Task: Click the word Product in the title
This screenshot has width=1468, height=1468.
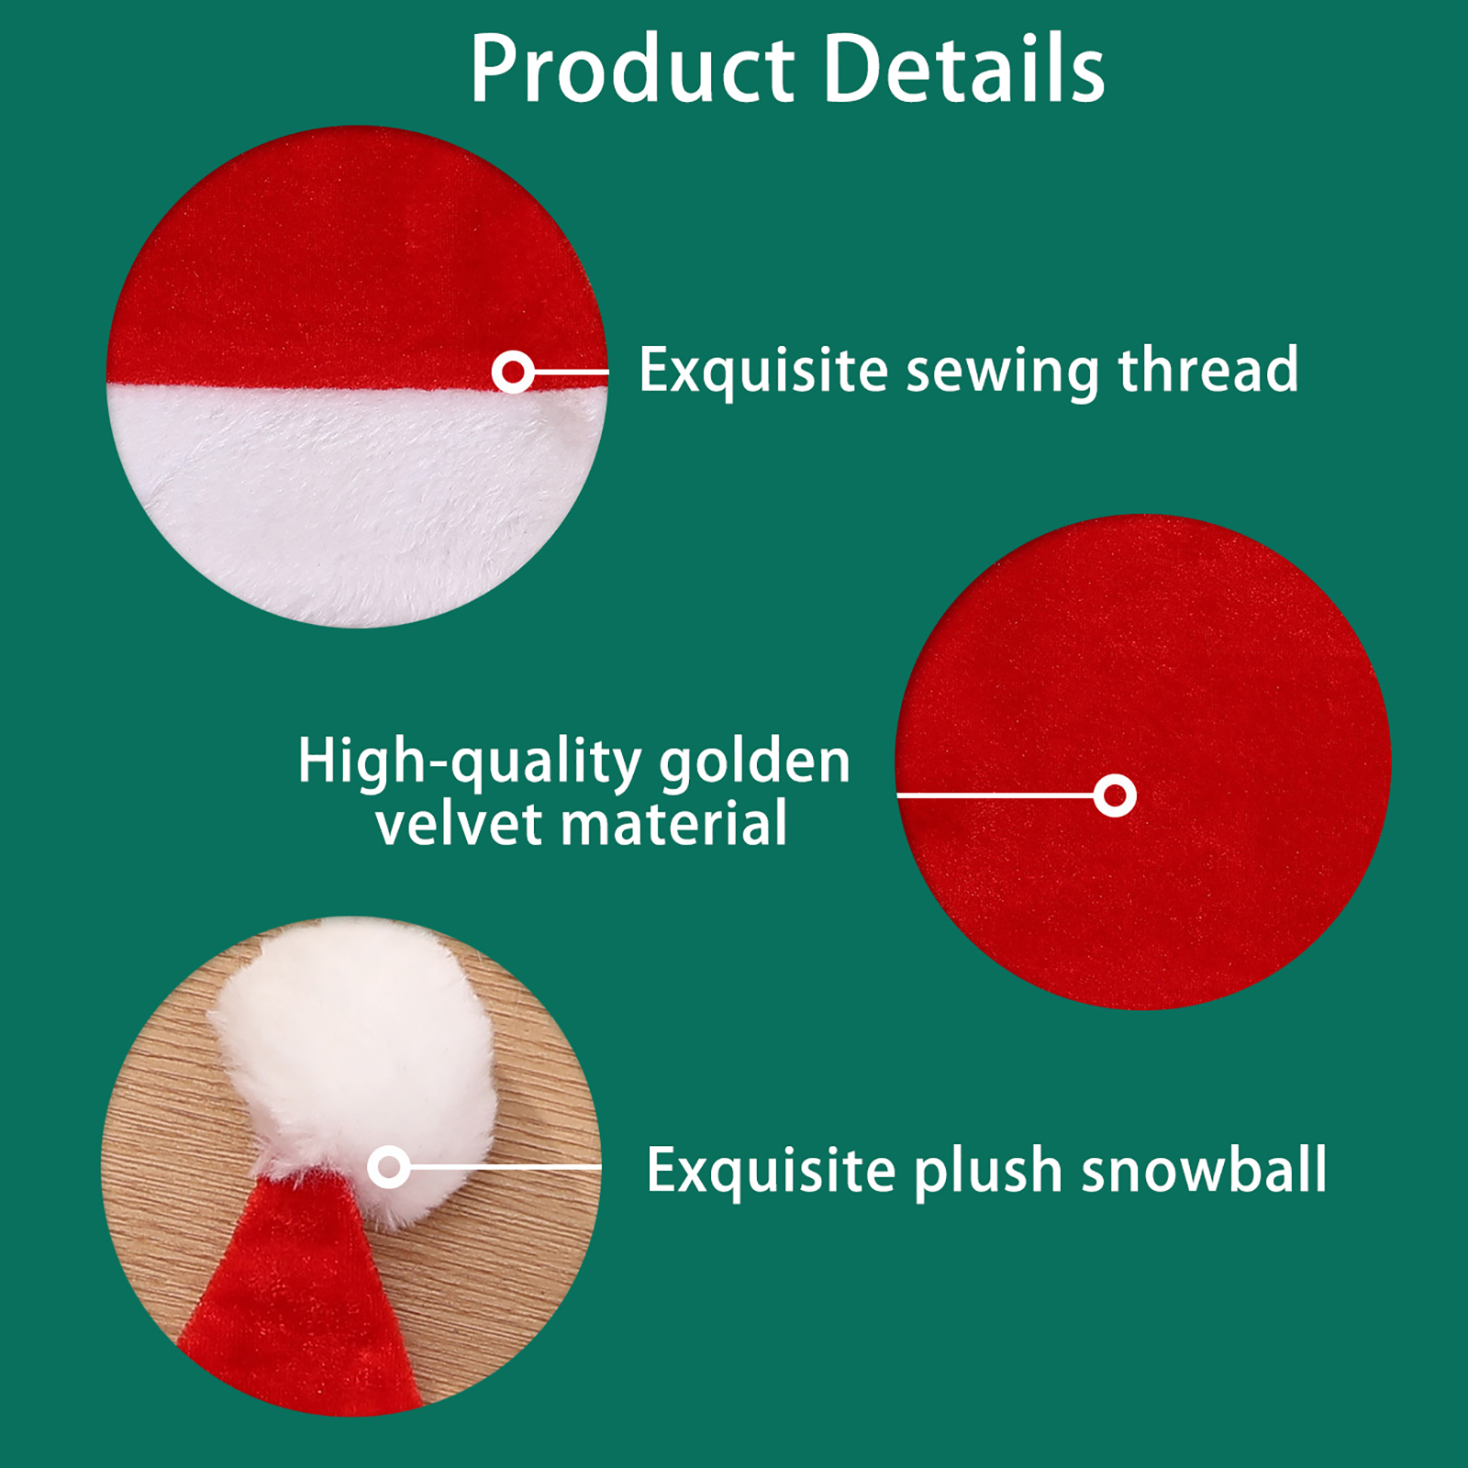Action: tap(632, 70)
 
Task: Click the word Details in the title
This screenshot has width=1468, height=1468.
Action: tap(964, 68)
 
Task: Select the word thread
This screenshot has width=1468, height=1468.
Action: tap(1208, 369)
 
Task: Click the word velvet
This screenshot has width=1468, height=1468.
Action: tap(459, 823)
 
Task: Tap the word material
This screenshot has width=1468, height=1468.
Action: tap(674, 823)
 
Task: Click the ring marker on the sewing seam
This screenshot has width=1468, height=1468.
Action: tap(513, 373)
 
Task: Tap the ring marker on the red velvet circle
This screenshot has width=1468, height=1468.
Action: tap(1115, 795)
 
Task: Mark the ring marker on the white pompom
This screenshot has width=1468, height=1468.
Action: tap(389, 1167)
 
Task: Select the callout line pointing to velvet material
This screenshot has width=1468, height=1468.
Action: tap(995, 795)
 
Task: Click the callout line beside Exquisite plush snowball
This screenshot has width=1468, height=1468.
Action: tap(506, 1167)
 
